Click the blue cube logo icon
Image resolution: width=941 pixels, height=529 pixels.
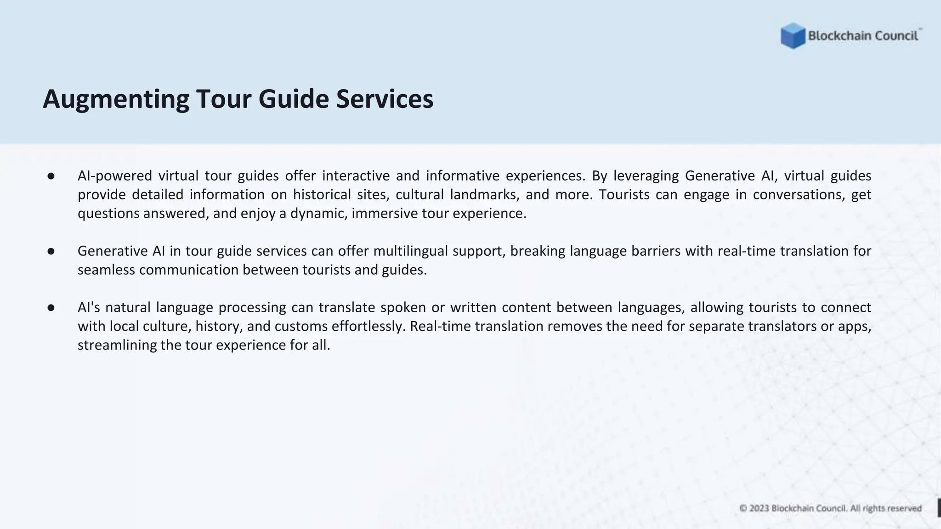793,36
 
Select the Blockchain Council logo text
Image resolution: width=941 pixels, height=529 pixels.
863,36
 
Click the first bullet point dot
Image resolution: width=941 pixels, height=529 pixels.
51,176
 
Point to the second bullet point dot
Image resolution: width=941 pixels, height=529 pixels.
51,251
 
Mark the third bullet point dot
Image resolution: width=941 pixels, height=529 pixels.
51,308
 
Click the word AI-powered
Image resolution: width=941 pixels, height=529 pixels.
114,176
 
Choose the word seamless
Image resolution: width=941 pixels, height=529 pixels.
107,270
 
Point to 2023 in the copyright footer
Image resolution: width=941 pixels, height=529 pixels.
759,508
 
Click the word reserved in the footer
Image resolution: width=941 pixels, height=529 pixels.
904,508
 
